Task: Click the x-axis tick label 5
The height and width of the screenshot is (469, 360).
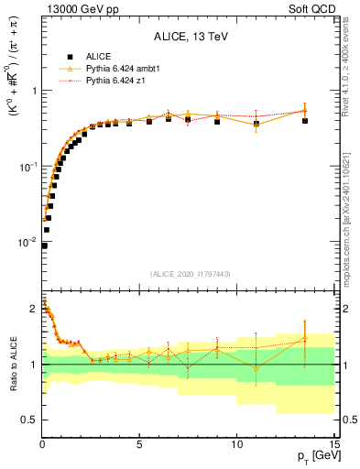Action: (139, 444)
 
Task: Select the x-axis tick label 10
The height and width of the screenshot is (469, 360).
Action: (236, 444)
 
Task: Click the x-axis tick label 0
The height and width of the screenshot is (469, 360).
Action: (42, 444)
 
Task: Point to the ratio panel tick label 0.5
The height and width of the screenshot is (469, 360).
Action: (27, 420)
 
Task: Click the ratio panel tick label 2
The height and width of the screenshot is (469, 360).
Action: (33, 310)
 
